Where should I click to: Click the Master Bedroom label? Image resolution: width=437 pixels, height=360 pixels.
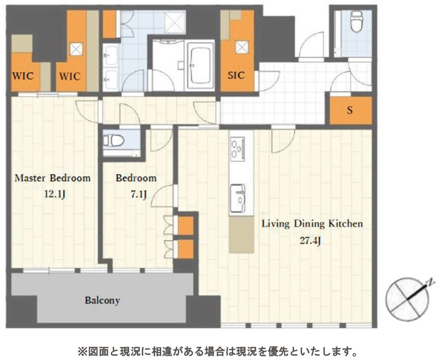pyautogui.click(x=52, y=178)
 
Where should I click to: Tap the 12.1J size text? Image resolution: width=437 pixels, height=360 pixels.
pyautogui.click(x=55, y=194)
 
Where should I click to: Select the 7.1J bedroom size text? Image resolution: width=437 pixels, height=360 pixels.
pyautogui.click(x=139, y=194)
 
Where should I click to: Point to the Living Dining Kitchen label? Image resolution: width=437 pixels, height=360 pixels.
pyautogui.click(x=312, y=224)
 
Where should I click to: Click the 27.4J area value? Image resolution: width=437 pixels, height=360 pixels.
pyautogui.click(x=310, y=241)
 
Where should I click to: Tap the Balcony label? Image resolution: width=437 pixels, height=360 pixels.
pyautogui.click(x=103, y=301)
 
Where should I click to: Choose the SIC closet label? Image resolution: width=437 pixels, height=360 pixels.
pyautogui.click(x=236, y=75)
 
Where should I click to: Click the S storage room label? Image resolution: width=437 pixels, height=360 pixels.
pyautogui.click(x=349, y=110)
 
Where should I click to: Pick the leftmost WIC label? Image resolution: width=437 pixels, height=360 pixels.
pyautogui.click(x=23, y=76)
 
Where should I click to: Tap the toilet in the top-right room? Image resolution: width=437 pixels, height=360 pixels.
pyautogui.click(x=356, y=21)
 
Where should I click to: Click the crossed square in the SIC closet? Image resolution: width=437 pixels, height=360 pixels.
pyautogui.click(x=242, y=47)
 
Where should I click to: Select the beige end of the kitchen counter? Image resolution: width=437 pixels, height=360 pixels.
pyautogui.click(x=242, y=234)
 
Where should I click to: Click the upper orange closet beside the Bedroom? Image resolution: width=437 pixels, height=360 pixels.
pyautogui.click(x=186, y=226)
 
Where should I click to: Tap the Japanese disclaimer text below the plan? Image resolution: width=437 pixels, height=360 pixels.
pyautogui.click(x=218, y=352)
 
